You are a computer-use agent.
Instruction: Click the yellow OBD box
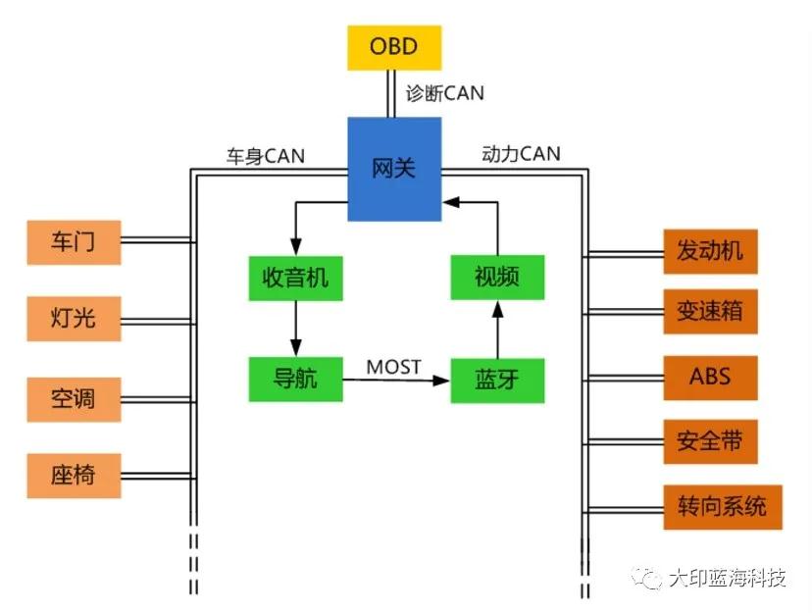[x=394, y=47]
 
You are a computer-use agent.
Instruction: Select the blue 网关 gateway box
[x=394, y=169]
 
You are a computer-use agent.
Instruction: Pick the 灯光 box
[x=75, y=318]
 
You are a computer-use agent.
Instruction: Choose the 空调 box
[x=75, y=399]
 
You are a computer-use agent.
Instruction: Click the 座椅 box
[x=75, y=477]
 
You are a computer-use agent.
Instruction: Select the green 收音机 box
[x=296, y=278]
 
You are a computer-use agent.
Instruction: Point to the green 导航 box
[x=296, y=379]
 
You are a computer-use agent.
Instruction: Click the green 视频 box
[x=496, y=278]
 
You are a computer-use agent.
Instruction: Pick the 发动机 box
[x=710, y=251]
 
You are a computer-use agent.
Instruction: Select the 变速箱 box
[x=710, y=313]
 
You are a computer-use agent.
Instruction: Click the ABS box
[x=710, y=377]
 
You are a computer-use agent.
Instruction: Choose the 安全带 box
[x=710, y=442]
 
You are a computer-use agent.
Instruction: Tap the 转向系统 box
[x=722, y=507]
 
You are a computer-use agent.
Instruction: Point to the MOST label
[x=394, y=367]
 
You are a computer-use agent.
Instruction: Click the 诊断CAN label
[x=445, y=94]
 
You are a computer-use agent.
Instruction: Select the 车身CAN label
[x=266, y=155]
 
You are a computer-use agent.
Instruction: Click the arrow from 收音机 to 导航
[x=296, y=329]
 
